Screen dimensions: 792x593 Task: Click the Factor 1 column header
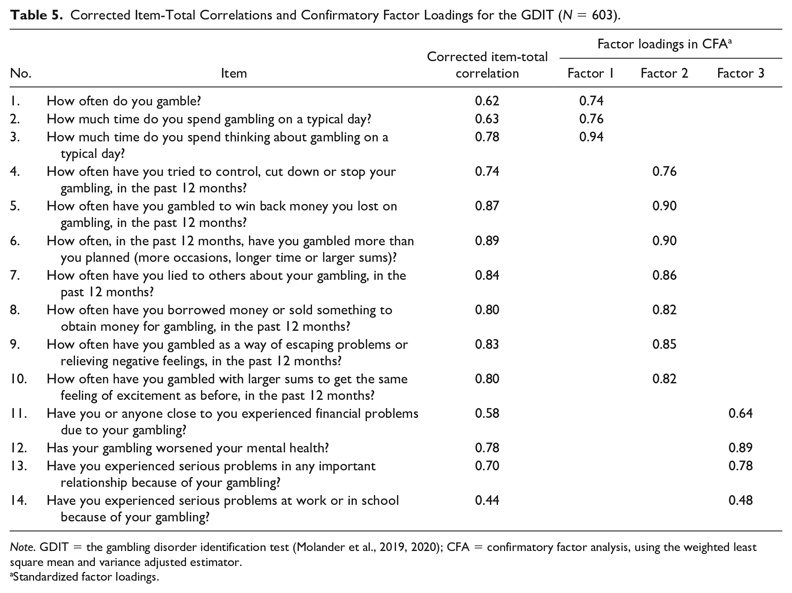pos(591,73)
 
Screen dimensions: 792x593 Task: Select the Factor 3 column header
pos(741,73)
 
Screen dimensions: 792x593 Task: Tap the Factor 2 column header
pos(664,73)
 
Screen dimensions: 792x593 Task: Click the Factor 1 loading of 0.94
pos(591,137)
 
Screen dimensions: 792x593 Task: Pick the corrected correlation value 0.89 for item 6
pos(487,241)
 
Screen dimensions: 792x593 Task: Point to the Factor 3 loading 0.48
pos(741,500)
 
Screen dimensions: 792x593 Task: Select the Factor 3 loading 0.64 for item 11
pos(741,413)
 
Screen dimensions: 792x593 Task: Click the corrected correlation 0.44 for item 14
pos(487,500)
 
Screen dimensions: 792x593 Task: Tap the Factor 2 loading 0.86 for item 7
pos(664,275)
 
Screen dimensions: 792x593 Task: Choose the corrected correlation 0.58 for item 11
pos(487,413)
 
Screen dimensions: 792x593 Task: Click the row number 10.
pos(18,379)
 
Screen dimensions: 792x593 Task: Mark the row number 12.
pos(18,448)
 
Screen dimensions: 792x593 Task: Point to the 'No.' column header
pos(21,73)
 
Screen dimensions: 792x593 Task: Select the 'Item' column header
pos(234,73)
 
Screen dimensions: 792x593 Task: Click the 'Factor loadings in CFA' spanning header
pos(664,44)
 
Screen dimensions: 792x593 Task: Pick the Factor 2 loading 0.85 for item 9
pos(664,344)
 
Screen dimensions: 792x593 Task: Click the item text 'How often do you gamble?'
pos(124,101)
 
